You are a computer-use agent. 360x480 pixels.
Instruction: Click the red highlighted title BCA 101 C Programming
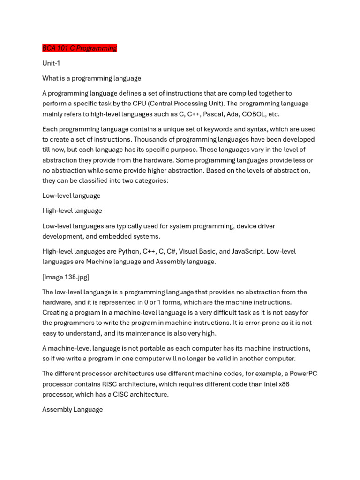(79, 48)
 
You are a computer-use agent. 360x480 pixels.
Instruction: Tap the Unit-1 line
(51, 63)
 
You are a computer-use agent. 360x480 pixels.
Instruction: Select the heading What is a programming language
(91, 78)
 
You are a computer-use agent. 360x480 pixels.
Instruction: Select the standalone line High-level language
(72, 210)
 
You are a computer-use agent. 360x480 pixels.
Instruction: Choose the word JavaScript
(247, 251)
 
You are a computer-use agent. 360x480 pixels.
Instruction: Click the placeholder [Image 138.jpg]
(66, 277)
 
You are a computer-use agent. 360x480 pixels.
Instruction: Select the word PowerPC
(302, 374)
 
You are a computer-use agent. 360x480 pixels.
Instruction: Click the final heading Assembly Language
(72, 409)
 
